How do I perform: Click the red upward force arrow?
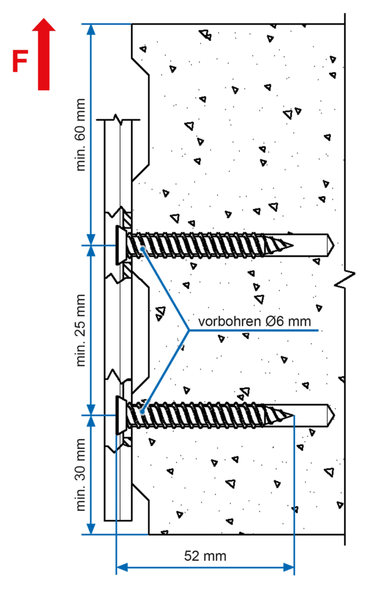coord(44,54)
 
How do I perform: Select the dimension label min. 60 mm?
coord(80,135)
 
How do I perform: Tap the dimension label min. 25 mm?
coord(80,330)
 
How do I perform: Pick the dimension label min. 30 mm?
coord(80,475)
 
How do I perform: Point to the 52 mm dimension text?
coord(205,556)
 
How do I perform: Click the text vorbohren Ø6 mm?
coord(255,321)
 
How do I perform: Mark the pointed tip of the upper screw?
coord(293,245)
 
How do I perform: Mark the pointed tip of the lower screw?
coord(293,416)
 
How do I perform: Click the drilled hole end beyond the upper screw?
coord(330,245)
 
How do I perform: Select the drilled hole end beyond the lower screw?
coord(330,416)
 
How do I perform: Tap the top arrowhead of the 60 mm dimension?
coord(91,30)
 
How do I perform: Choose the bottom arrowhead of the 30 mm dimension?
coord(91,529)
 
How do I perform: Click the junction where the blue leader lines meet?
coord(189,330)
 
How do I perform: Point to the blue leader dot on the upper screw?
coord(143,249)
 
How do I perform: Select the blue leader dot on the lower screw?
coord(142,412)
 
